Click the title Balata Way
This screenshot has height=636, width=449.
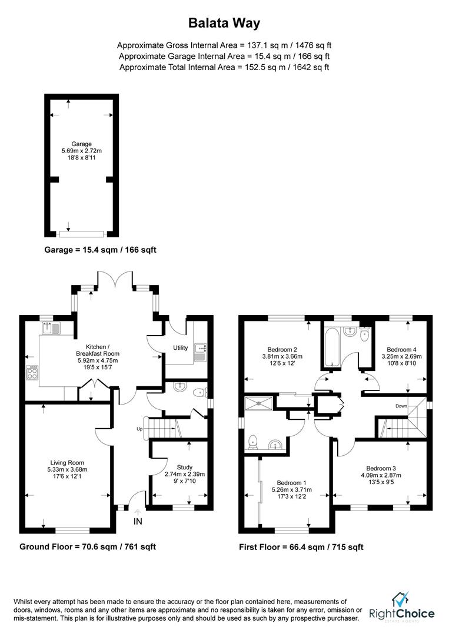click(224, 23)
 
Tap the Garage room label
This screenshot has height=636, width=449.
click(82, 144)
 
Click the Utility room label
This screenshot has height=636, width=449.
click(180, 348)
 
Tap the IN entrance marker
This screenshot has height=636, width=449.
click(138, 521)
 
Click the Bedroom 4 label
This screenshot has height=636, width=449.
click(401, 349)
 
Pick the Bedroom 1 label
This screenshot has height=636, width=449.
click(292, 482)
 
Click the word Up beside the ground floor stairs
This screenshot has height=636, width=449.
click(139, 428)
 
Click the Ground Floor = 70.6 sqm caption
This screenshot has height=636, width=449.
click(88, 546)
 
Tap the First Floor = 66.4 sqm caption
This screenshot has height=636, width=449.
click(301, 547)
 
